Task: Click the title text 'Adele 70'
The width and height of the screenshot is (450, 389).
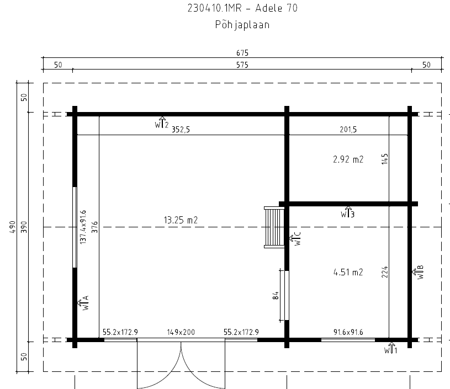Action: (276, 8)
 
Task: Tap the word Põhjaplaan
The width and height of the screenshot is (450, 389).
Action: (242, 25)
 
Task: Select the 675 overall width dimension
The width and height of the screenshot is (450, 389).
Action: (242, 53)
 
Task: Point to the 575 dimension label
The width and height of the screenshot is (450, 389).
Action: (242, 65)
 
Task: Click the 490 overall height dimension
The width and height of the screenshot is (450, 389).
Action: (12, 227)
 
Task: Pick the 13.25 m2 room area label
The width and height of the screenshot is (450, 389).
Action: (181, 220)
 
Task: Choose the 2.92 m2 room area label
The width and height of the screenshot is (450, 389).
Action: (348, 159)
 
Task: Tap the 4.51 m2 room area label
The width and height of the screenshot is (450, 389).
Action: (348, 272)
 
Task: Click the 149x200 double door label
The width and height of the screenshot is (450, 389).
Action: (181, 332)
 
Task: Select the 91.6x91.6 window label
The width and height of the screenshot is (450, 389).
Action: (348, 332)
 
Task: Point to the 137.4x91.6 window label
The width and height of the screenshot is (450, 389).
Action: (83, 227)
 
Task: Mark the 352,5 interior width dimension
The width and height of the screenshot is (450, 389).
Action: (181, 130)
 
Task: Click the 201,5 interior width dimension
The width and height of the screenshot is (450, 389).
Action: (348, 130)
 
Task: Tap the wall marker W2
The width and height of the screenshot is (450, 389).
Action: (162, 123)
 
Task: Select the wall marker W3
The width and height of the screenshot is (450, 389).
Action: (347, 212)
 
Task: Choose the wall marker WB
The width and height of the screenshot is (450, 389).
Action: (418, 272)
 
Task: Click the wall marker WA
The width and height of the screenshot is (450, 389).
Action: (83, 303)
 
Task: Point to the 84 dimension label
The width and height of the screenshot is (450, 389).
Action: (276, 296)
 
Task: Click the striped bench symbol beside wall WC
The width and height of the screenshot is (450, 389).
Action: (274, 227)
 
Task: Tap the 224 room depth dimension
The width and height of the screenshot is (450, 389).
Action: (385, 272)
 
